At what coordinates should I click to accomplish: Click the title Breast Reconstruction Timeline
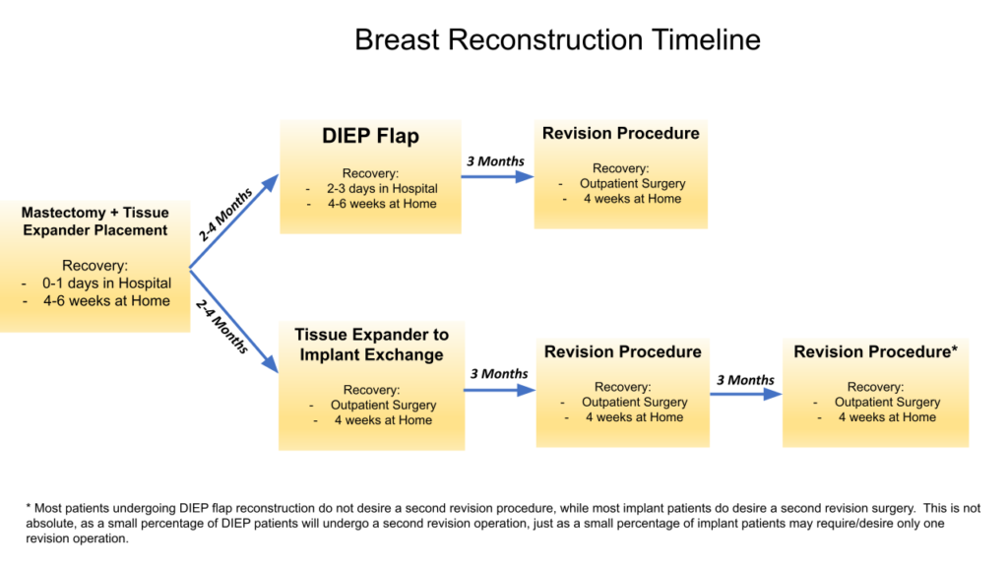(x=557, y=39)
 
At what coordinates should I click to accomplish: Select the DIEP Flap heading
(x=370, y=136)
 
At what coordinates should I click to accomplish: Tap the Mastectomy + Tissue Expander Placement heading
(x=95, y=221)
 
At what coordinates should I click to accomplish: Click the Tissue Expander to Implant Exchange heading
(x=371, y=345)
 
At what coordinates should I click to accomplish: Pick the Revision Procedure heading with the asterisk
(x=875, y=351)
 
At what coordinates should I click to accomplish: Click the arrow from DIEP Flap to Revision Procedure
(x=497, y=177)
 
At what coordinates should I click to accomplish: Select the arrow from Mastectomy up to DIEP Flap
(x=234, y=220)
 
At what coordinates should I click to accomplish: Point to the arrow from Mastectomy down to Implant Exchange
(x=234, y=321)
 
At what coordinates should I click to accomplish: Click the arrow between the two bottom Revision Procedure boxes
(x=746, y=394)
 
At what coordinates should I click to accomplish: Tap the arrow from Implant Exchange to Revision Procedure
(x=499, y=390)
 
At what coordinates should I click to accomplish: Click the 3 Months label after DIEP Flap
(x=495, y=161)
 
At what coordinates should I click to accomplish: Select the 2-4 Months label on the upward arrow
(x=225, y=215)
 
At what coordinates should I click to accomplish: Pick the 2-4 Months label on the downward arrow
(x=222, y=326)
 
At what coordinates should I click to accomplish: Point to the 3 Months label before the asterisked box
(x=746, y=380)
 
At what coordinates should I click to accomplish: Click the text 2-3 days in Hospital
(x=382, y=188)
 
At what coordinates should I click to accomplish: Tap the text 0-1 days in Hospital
(x=106, y=283)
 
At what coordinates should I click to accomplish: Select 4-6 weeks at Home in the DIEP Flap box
(x=382, y=204)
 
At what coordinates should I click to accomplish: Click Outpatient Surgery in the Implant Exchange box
(x=383, y=405)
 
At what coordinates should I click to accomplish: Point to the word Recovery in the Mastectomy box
(x=94, y=266)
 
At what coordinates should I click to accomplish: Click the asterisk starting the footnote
(x=29, y=507)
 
